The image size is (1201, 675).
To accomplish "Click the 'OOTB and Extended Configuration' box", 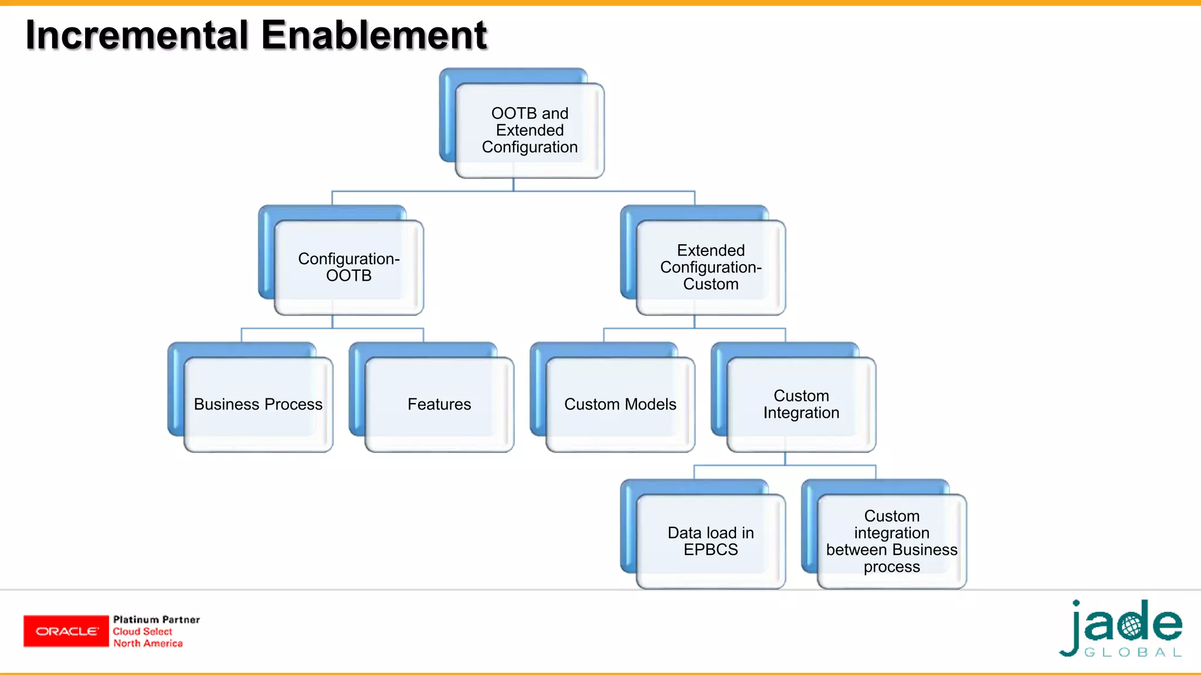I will tap(530, 130).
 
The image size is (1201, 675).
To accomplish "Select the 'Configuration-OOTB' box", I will tap(349, 267).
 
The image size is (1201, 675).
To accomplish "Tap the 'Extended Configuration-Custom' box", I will tap(711, 267).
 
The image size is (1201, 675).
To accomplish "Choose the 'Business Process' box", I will tap(258, 404).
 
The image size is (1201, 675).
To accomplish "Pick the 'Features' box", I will tap(439, 404).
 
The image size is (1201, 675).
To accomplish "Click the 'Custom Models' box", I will tap(620, 404).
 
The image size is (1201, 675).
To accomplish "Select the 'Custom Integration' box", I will tap(801, 404).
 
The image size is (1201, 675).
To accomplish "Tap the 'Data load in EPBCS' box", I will tap(711, 541).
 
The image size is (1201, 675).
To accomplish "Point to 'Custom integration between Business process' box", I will tap(891, 541).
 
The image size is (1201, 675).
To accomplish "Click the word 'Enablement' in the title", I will tap(374, 35).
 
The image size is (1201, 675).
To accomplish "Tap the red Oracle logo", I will tap(66, 631).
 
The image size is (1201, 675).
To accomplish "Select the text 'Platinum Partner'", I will tap(156, 619).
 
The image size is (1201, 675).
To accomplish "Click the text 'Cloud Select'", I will tap(143, 632).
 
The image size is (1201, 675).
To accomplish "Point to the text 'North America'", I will tap(148, 643).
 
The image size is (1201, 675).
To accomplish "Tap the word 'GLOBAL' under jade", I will tap(1132, 653).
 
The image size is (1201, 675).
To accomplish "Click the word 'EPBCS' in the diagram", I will tap(711, 550).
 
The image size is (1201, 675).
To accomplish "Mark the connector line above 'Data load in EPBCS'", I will tap(694, 472).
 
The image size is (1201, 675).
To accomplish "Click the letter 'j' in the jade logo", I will tap(1072, 630).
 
